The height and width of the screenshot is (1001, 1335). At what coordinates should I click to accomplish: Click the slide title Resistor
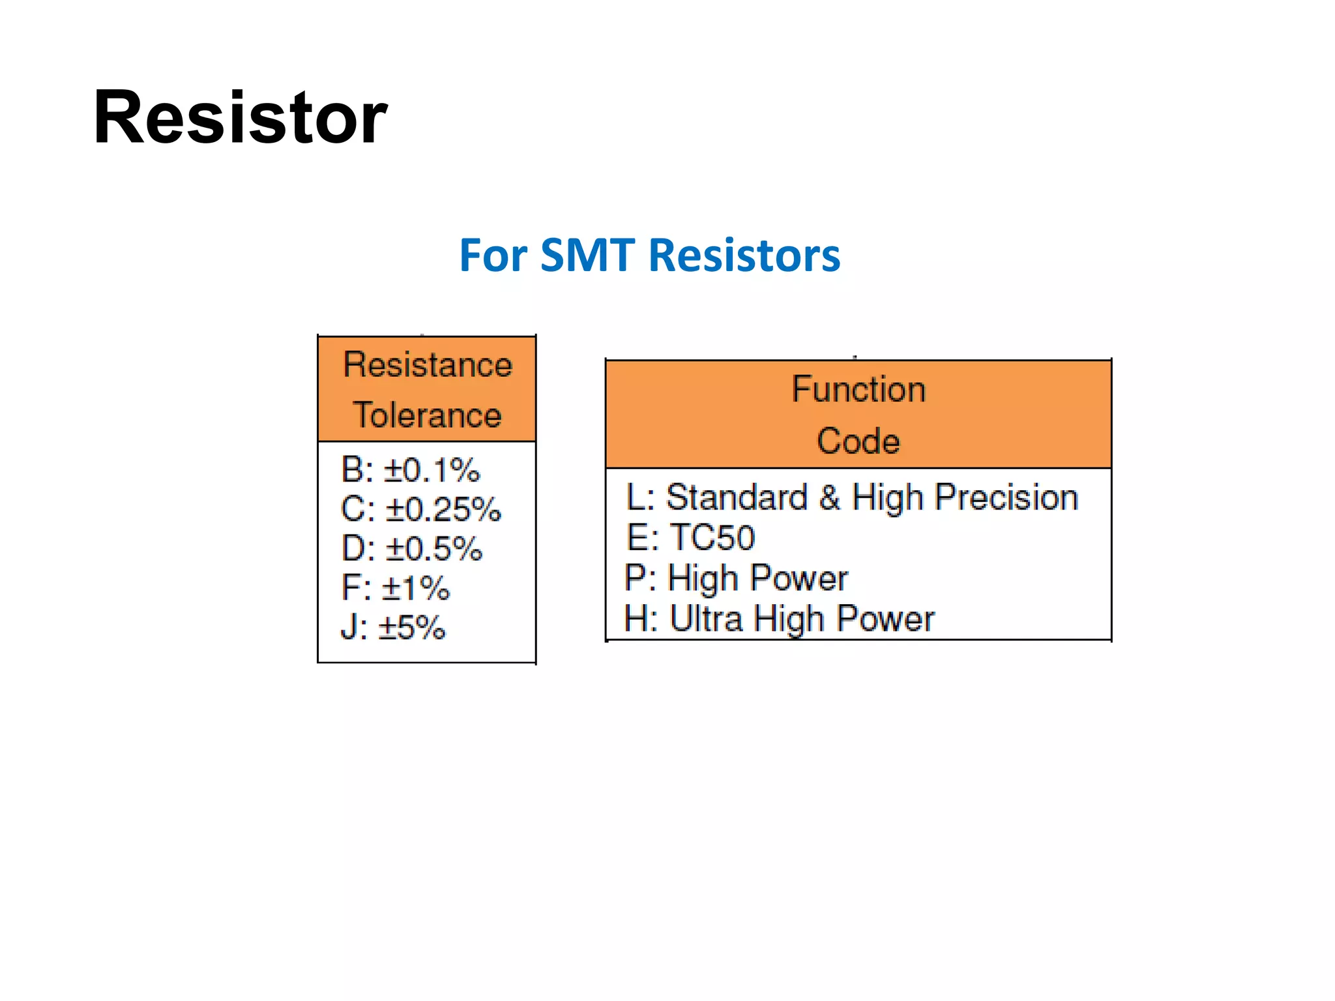[x=240, y=118]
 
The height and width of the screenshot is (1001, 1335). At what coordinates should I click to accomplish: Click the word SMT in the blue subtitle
[x=587, y=255]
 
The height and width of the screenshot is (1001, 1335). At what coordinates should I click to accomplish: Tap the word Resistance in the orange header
[x=427, y=365]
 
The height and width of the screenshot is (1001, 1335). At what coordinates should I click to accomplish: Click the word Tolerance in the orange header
[x=427, y=416]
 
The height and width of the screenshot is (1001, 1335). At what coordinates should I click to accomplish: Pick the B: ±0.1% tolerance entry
[x=411, y=470]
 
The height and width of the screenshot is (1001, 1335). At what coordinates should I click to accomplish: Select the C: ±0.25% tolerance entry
[x=420, y=510]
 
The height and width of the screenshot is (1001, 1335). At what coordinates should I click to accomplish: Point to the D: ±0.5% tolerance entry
[x=411, y=549]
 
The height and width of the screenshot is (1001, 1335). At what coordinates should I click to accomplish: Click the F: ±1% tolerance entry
[x=396, y=588]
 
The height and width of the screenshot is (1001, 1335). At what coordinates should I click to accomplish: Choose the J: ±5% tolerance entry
[x=393, y=628]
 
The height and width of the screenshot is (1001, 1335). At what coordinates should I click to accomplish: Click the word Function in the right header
[x=858, y=390]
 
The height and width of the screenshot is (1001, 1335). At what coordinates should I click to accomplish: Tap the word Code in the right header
[x=858, y=441]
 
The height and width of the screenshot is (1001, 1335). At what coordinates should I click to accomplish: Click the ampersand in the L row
[x=830, y=498]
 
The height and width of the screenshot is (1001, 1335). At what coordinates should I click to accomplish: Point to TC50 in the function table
[x=712, y=538]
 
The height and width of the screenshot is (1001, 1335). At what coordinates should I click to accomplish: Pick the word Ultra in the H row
[x=706, y=618]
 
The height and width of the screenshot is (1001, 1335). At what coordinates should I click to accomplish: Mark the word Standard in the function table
[x=737, y=498]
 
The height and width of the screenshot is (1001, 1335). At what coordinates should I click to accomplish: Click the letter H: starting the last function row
[x=641, y=618]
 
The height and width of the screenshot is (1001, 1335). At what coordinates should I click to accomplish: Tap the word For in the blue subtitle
[x=493, y=255]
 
